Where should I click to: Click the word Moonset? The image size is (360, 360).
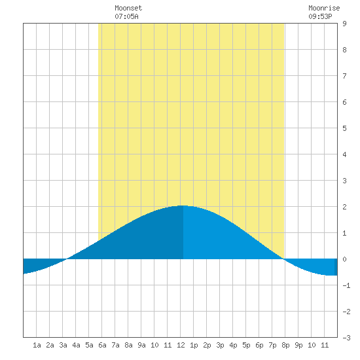point(128,8)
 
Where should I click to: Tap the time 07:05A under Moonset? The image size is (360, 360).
point(126,16)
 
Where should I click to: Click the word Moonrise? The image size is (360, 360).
point(324,8)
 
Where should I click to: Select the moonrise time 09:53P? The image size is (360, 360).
point(320,16)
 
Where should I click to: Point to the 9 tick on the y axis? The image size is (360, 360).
point(344,24)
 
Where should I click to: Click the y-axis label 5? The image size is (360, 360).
point(344,128)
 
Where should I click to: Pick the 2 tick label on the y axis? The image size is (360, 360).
point(344,207)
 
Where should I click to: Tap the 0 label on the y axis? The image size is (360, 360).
point(344,259)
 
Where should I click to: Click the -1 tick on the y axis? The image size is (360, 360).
point(346,285)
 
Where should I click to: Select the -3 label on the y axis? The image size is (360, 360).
point(346,338)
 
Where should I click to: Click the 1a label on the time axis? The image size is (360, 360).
point(37,345)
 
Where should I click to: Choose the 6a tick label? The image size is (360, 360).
point(102,345)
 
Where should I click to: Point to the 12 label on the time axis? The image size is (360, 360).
point(181,345)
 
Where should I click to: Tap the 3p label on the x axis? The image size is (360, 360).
point(220,345)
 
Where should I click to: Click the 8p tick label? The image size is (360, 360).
point(285,345)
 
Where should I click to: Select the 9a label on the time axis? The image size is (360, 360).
point(141,345)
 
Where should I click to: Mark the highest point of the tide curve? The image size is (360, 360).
point(182,206)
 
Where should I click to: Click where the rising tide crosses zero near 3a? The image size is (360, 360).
point(67,259)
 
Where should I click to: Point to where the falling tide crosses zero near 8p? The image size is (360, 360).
point(284,259)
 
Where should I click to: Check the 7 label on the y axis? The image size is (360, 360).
point(344,76)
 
